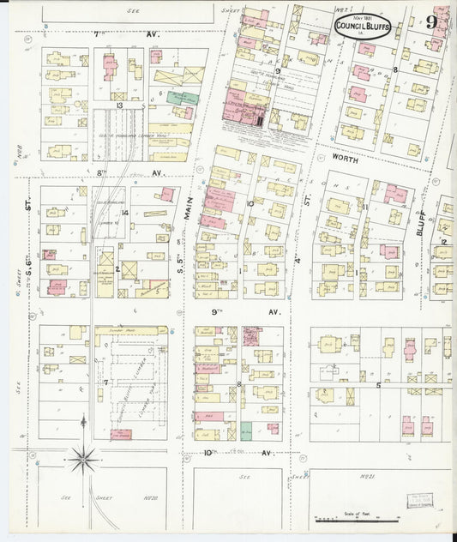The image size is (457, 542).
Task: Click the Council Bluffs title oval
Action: point(360,28)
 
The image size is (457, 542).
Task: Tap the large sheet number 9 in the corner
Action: point(432,23)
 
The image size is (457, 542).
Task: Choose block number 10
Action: point(250,203)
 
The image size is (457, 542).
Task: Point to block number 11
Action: point(364,207)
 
